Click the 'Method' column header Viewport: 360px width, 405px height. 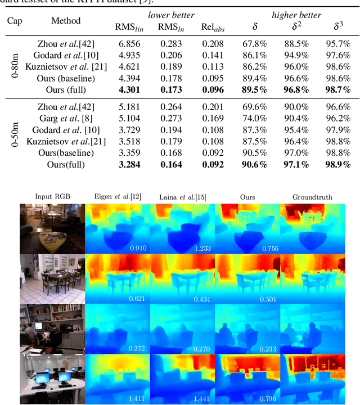point(66,21)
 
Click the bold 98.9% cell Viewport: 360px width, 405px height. point(337,164)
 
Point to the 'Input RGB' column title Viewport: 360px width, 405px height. point(51,196)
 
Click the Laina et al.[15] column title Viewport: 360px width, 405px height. point(182,197)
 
